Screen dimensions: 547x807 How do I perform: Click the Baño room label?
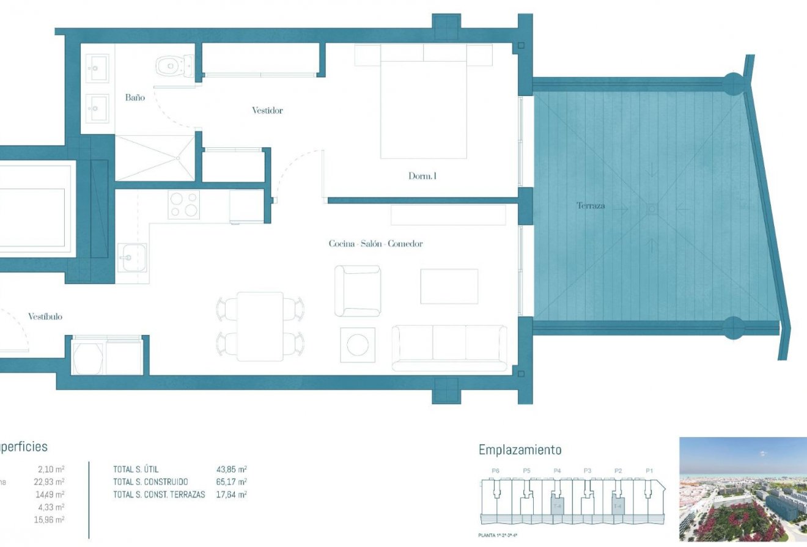[x=134, y=97]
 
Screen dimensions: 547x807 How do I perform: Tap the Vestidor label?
[x=267, y=111]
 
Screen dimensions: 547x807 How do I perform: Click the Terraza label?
[x=591, y=206]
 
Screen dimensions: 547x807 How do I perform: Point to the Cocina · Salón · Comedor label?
[x=375, y=244]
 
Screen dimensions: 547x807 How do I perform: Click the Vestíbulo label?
[x=45, y=317]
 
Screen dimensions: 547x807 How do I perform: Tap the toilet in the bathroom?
[x=174, y=65]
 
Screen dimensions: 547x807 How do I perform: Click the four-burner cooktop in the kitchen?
[x=184, y=205]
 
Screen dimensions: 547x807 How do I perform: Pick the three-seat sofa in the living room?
[x=449, y=347]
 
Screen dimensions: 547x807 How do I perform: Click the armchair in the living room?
[x=358, y=291]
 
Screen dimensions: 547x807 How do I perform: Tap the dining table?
[x=260, y=326]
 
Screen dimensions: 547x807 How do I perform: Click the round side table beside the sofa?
[x=357, y=345]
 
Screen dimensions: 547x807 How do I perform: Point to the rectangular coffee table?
[x=449, y=286]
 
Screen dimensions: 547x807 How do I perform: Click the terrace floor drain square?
[x=652, y=209]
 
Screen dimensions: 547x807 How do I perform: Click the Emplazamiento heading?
[x=520, y=450]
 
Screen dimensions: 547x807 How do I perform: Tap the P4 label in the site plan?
[x=557, y=471]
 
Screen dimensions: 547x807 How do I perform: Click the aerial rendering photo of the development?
[x=743, y=489]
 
